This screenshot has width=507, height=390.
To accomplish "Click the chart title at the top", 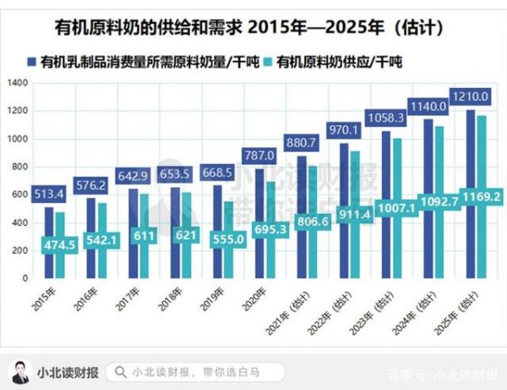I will coord(253,28).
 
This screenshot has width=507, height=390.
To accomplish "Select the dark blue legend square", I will coord(31,62).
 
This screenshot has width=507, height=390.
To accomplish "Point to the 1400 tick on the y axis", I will coord(19,83).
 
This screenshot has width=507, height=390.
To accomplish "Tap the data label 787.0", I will coord(258,156).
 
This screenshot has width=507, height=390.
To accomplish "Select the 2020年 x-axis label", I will coord(255,297).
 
